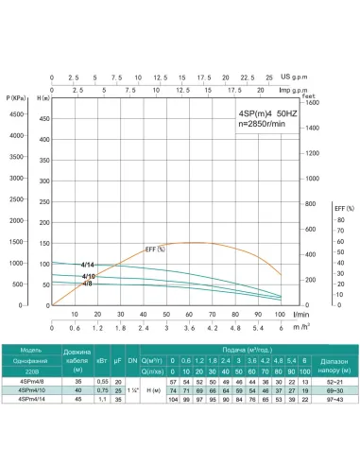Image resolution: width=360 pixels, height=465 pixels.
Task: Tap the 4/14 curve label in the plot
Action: [x=88, y=265]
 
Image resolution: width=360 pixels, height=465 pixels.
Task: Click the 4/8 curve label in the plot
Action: [x=88, y=284]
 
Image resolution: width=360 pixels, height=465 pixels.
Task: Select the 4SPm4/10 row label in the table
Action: [x=30, y=388]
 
